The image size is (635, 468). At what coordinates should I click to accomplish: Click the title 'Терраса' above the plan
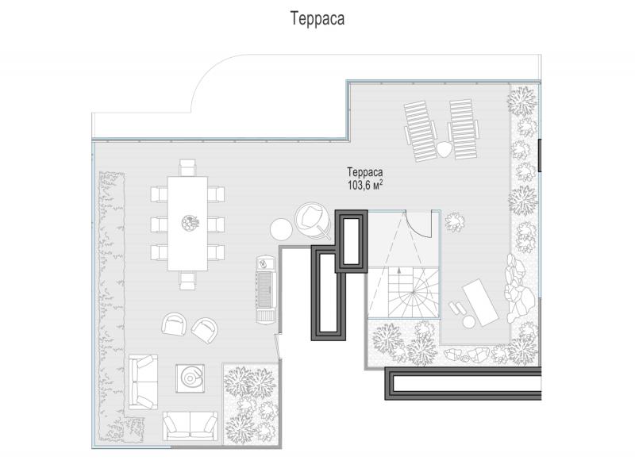tap(317, 18)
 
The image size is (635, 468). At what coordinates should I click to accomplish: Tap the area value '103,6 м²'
tap(365, 185)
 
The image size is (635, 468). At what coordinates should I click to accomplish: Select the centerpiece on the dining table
tap(190, 223)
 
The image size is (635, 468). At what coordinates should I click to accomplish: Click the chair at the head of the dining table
tap(187, 167)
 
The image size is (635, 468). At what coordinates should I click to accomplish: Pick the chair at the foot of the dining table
tap(187, 280)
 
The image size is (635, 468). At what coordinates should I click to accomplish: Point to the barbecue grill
tap(267, 290)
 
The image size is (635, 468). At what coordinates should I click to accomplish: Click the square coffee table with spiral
tap(190, 378)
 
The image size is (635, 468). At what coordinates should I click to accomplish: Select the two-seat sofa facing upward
tap(190, 426)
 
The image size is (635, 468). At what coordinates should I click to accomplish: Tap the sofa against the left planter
tap(143, 382)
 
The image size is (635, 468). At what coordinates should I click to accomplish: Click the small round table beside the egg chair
tap(281, 229)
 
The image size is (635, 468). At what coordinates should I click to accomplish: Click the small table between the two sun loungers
tap(444, 149)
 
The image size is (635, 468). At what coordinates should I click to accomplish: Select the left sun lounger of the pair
tap(420, 130)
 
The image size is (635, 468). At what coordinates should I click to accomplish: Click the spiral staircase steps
tap(413, 292)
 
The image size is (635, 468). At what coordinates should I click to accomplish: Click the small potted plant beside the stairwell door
tap(455, 222)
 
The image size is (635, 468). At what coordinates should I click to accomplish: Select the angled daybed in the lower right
tap(480, 302)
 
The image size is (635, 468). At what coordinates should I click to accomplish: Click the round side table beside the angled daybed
tap(469, 322)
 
